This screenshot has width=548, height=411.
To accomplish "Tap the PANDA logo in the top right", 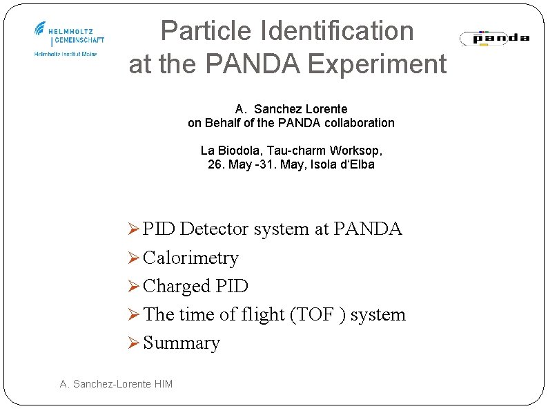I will pos(494,38).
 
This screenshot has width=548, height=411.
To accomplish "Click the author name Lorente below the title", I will pos(324,109).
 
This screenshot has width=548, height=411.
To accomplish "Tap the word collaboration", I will pos(360,123).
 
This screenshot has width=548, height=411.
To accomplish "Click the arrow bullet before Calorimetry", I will pos(135,258).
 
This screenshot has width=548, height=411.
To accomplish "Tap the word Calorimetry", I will pos(190,258).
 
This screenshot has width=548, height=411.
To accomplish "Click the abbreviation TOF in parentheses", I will pos(316,315).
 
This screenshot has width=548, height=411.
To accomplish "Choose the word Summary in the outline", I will pos(182,343).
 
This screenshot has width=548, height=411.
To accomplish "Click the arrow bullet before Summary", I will pos(135,343).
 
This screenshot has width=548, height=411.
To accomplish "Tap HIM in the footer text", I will pos(164,384).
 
